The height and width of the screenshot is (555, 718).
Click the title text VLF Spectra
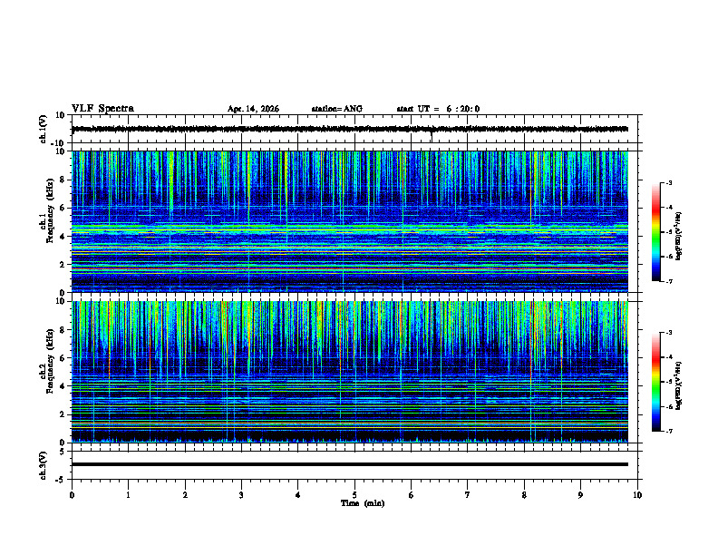click(102, 109)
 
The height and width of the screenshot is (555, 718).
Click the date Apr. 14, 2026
click(253, 109)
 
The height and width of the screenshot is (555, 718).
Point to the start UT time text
click(438, 109)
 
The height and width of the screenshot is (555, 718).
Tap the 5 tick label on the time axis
click(354, 495)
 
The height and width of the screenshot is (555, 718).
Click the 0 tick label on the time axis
click(72, 495)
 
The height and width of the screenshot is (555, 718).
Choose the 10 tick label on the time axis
click(637, 495)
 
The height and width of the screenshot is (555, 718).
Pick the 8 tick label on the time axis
click(524, 495)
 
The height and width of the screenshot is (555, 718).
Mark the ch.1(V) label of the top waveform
click(43, 129)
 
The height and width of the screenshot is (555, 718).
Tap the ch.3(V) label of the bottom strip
click(43, 463)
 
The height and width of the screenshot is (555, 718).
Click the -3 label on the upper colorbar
click(668, 183)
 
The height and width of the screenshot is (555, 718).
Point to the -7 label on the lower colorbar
click(668, 432)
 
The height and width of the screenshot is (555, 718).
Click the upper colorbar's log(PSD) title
click(678, 233)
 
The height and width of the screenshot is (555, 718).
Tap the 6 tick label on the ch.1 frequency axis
click(63, 208)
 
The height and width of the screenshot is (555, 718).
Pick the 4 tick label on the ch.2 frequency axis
click(63, 386)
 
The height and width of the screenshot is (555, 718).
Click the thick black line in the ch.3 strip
click(349, 464)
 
